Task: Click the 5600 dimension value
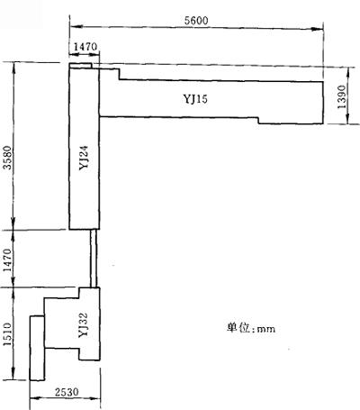[x=196, y=21]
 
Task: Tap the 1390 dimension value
[x=342, y=96]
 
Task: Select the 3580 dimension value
[x=7, y=158]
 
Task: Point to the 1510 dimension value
[x=7, y=334]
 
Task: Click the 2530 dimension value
[x=67, y=392]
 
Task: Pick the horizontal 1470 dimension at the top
[x=85, y=47]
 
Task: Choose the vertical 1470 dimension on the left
[x=7, y=260]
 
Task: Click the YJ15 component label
[x=195, y=99]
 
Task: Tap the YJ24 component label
[x=84, y=158]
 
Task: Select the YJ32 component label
[x=83, y=325]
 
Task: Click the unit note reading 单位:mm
[x=251, y=328]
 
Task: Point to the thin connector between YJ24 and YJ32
[x=94, y=259]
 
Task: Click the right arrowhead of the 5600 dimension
[x=318, y=29]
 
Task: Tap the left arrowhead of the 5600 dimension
[x=76, y=27]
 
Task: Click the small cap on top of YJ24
[x=80, y=66]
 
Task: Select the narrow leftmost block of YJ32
[x=37, y=348]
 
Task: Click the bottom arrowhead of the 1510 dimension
[x=13, y=374]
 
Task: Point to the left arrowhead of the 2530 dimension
[x=35, y=399]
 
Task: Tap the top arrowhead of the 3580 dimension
[x=13, y=68]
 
